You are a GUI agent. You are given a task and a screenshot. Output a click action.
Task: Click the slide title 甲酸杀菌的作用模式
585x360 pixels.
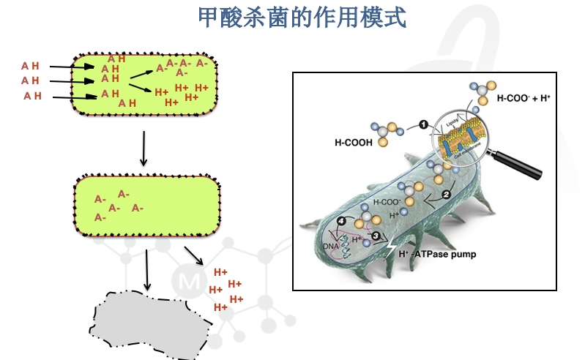302,18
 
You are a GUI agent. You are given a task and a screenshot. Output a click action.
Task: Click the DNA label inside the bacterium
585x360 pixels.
332,246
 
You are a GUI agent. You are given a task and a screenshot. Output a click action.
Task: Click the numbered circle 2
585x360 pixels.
445,194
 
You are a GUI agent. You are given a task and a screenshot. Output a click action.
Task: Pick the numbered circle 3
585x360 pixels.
376,236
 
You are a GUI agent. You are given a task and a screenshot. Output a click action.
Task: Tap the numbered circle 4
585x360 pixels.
340,221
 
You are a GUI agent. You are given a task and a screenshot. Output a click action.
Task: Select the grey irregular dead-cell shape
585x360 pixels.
147,325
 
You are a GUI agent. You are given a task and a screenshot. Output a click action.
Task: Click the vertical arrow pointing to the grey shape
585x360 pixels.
147,270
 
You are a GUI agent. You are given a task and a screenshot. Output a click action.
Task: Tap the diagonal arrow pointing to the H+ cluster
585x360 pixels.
193,257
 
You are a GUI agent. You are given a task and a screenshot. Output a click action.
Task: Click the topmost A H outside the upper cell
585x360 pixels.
30,66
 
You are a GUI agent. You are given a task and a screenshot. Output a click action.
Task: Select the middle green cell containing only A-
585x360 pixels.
147,206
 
